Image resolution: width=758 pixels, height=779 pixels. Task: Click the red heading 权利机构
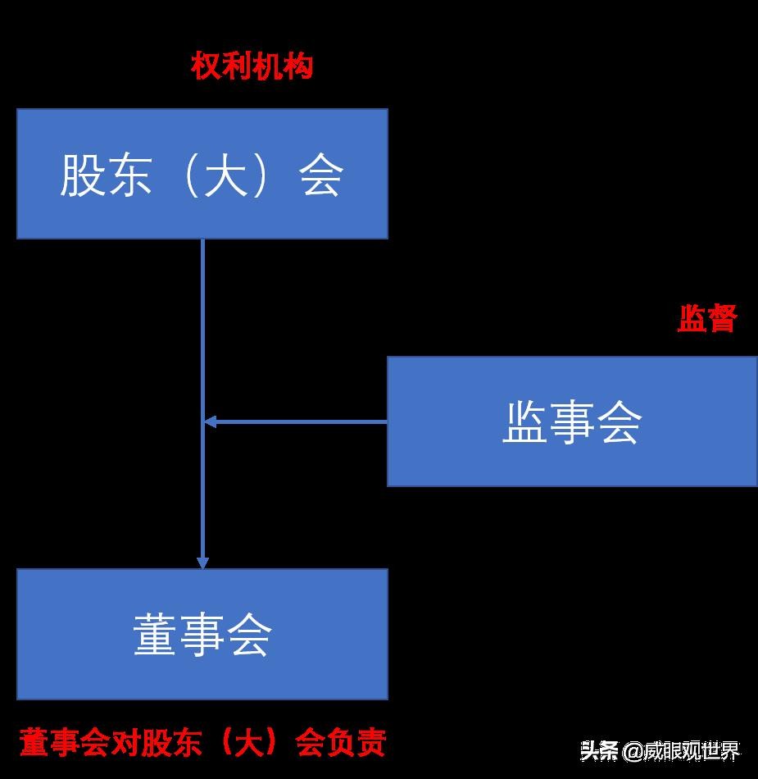252,66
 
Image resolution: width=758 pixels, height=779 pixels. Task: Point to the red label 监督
707,318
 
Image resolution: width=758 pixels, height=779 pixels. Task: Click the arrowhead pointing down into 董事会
202,563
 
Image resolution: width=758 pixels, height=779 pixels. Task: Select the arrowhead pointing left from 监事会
210,421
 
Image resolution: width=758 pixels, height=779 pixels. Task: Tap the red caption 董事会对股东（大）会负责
202,743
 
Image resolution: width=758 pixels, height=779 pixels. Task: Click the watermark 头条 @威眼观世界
660,750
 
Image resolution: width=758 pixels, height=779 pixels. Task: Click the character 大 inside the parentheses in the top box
225,175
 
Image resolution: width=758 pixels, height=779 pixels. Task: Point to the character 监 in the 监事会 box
524,422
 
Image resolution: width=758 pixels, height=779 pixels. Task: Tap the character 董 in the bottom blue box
155,635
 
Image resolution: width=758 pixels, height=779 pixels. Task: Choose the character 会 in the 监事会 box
620,422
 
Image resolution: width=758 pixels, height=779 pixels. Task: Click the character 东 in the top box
129,175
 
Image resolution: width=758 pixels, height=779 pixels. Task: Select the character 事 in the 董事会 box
202,635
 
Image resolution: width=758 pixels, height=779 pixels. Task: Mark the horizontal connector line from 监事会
303,421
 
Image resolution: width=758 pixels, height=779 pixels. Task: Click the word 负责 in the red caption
361,743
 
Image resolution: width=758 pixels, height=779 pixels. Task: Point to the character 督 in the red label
722,318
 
